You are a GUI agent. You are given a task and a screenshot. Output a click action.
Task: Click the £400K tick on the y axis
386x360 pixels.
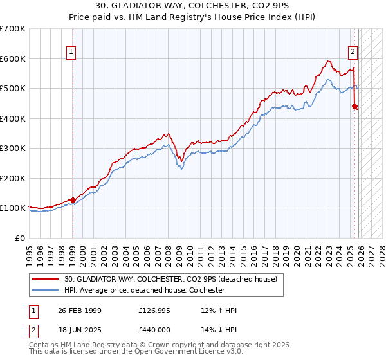click(13, 118)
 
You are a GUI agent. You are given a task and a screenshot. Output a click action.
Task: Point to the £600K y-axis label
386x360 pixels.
click(13, 59)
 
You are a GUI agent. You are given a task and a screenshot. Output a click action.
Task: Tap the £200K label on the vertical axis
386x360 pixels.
click(13, 178)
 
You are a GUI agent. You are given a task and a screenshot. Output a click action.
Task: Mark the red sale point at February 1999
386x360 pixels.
click(73, 200)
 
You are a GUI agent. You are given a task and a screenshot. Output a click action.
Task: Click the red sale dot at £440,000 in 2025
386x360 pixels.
click(354, 107)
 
